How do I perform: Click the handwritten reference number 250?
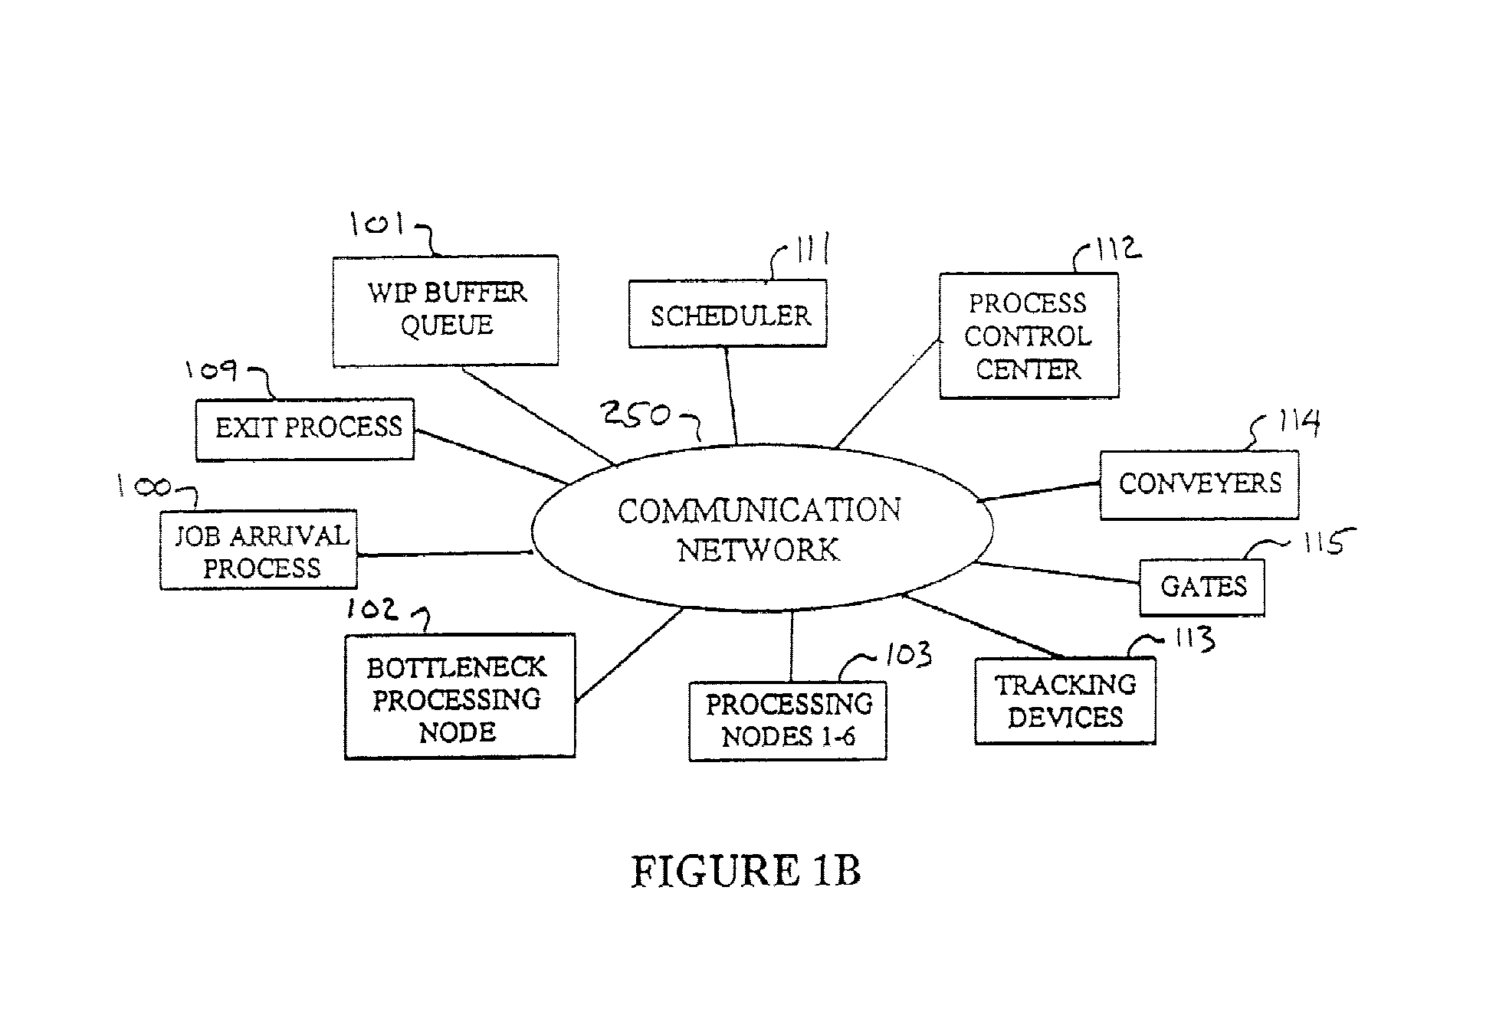tap(636, 414)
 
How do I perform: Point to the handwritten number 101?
tap(377, 223)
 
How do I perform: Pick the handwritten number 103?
tap(908, 655)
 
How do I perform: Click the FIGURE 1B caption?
tap(746, 871)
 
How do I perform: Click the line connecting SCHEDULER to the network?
tap(731, 396)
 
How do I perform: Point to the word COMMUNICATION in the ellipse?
tap(759, 511)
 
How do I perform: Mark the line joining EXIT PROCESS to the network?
tap(491, 457)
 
